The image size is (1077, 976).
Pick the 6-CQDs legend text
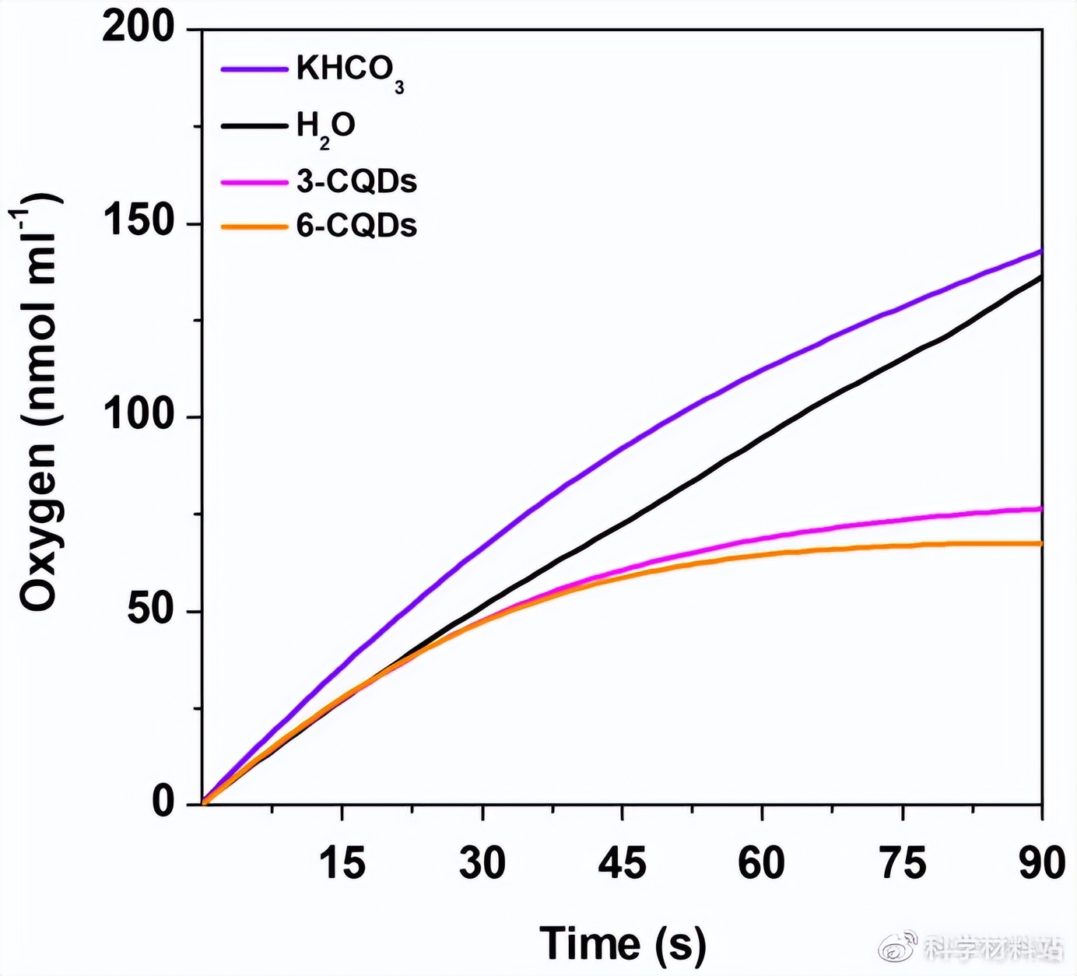coord(356,226)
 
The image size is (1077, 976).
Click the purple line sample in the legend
coord(254,69)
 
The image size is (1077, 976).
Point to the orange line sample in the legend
coord(254,226)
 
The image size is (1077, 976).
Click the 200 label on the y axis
coord(139,28)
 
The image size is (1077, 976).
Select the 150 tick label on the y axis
coord(139,222)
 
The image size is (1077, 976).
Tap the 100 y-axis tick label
coord(139,416)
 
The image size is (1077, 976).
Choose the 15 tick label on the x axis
coord(342,863)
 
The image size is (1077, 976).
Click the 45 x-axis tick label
coord(623,863)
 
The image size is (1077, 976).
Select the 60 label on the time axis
coord(762,863)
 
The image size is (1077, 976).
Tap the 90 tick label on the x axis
coord(1043,863)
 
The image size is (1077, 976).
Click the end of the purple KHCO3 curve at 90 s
coord(1041,251)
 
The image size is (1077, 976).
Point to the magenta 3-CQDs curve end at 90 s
coord(1041,509)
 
